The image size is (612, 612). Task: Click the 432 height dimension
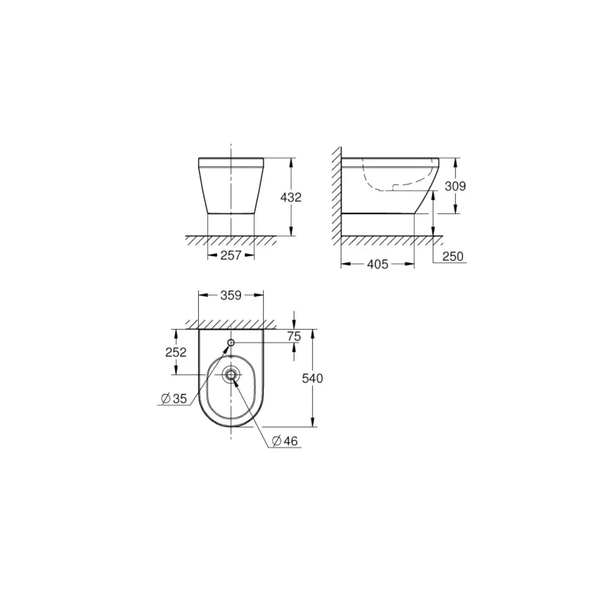pos(291,197)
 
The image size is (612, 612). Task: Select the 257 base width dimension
pos(231,256)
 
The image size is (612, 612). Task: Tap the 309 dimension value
pos(455,186)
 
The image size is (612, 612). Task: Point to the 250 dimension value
pos(453,256)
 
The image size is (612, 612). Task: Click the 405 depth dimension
pos(377,265)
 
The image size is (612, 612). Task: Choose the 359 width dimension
pos(231,295)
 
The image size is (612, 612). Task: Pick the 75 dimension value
pos(294,336)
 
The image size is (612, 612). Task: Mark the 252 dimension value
pos(176,353)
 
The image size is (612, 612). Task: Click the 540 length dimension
pos(312,378)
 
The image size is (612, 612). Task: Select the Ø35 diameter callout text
pos(174,399)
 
